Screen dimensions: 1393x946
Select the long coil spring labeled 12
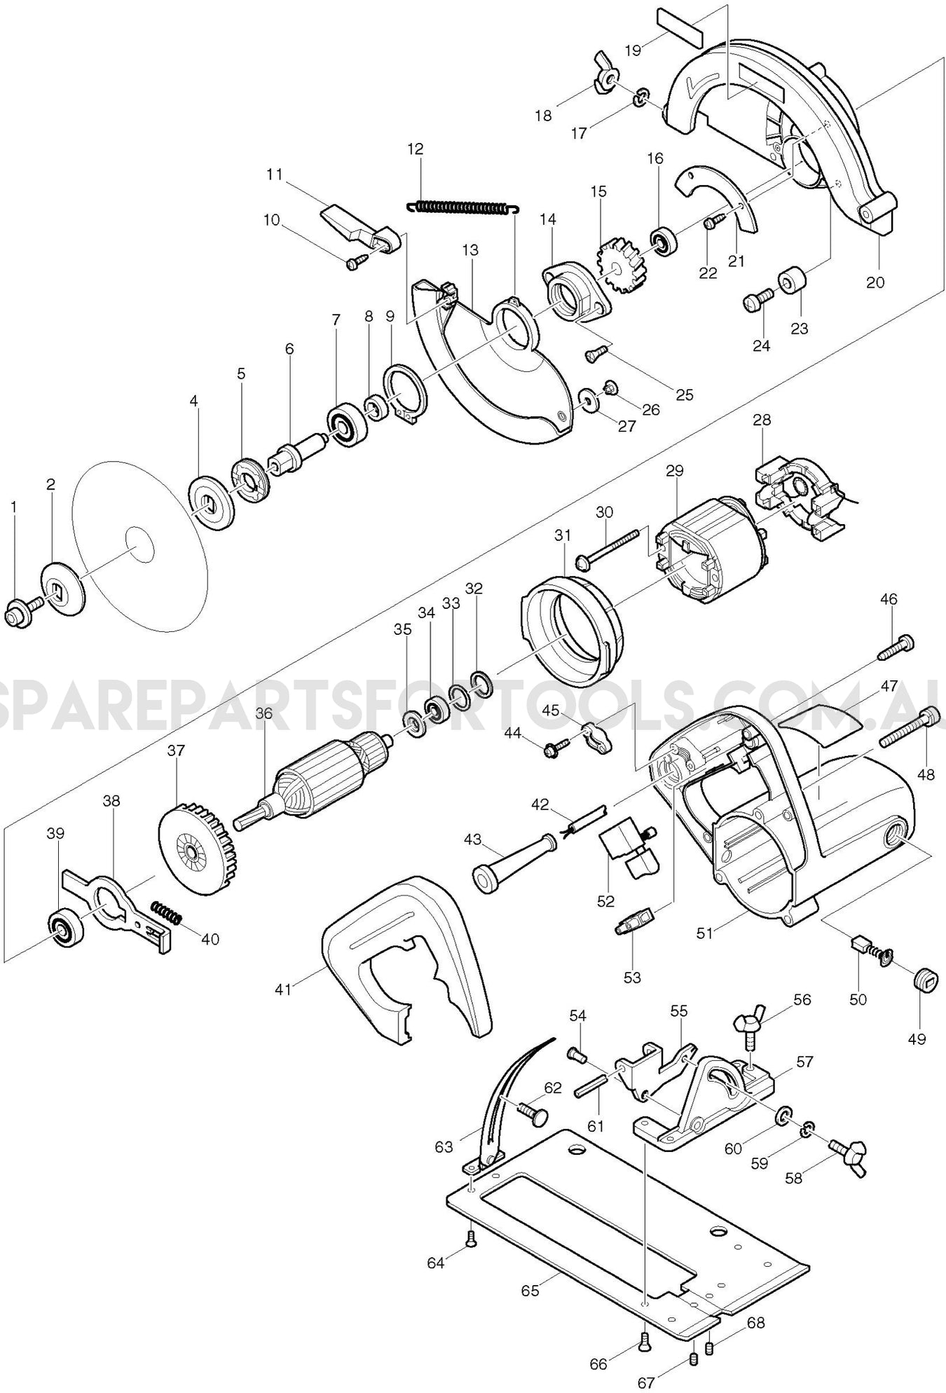(x=462, y=207)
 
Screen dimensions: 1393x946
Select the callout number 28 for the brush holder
(x=762, y=420)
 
